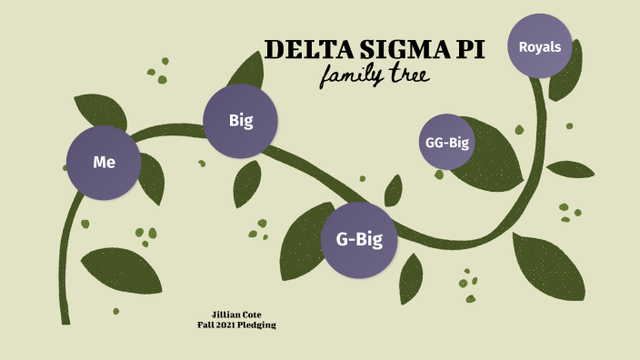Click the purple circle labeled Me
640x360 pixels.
[104, 163]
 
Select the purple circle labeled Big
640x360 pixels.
[240, 120]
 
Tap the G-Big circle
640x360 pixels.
[358, 240]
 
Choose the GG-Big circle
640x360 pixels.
[446, 141]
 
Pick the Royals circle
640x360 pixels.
[539, 46]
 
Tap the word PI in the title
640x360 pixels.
[468, 49]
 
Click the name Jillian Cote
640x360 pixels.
[236, 315]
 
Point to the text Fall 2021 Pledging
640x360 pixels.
[236, 325]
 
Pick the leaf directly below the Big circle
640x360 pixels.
[246, 184]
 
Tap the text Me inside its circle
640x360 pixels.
[104, 163]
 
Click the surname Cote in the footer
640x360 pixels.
[253, 315]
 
